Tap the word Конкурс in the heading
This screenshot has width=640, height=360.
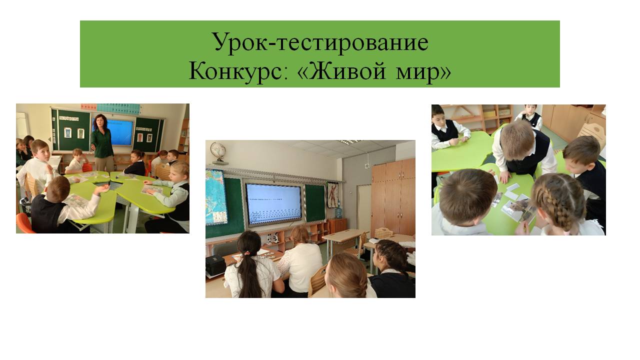pyautogui.click(x=238, y=71)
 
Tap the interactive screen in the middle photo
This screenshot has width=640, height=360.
pyautogui.click(x=273, y=203)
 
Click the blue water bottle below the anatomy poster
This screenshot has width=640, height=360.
pyautogui.click(x=338, y=212)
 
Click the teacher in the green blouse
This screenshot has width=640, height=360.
pyautogui.click(x=102, y=142)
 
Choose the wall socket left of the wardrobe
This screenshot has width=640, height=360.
pyautogui.click(x=367, y=165)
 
